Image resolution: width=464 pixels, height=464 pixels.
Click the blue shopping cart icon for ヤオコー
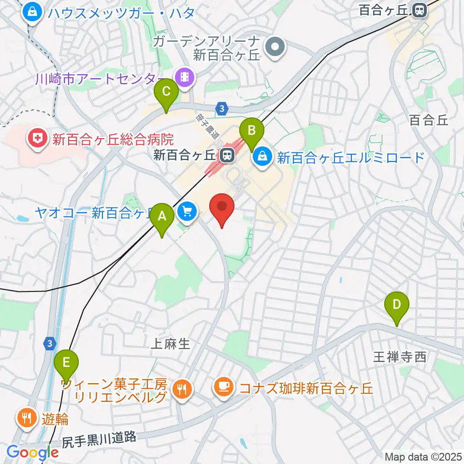pos(187,211)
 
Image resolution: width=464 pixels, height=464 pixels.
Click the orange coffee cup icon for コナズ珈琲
pos(223,386)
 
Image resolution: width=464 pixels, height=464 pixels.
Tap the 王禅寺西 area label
pos(399,357)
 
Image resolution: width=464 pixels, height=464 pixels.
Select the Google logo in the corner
pos(32,453)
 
